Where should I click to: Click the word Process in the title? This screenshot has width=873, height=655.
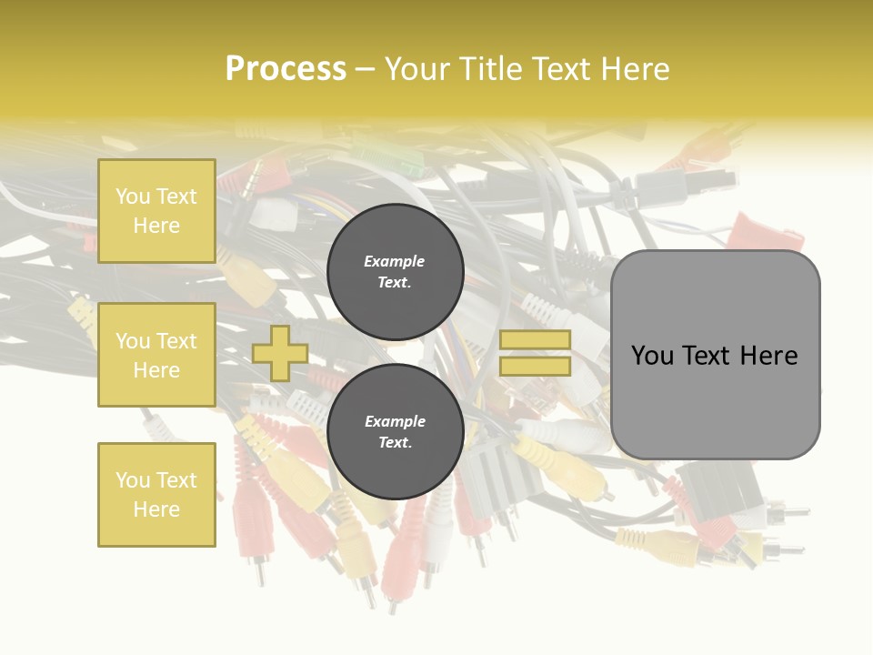click(286, 69)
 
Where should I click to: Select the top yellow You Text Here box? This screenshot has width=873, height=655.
click(156, 211)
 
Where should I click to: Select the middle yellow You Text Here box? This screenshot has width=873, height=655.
click(156, 355)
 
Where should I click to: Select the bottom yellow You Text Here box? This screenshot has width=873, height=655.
click(156, 494)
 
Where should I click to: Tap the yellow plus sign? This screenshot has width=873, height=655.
click(280, 353)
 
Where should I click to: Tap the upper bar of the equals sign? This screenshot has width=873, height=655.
click(535, 340)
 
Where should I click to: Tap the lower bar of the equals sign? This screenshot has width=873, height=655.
click(535, 366)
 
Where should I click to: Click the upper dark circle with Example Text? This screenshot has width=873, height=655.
click(396, 272)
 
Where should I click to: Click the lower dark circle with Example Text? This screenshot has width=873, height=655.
click(396, 432)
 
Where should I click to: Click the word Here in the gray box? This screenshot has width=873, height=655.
click(768, 356)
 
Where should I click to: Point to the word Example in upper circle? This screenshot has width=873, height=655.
click(394, 261)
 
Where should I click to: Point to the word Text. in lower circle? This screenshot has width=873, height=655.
click(395, 443)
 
